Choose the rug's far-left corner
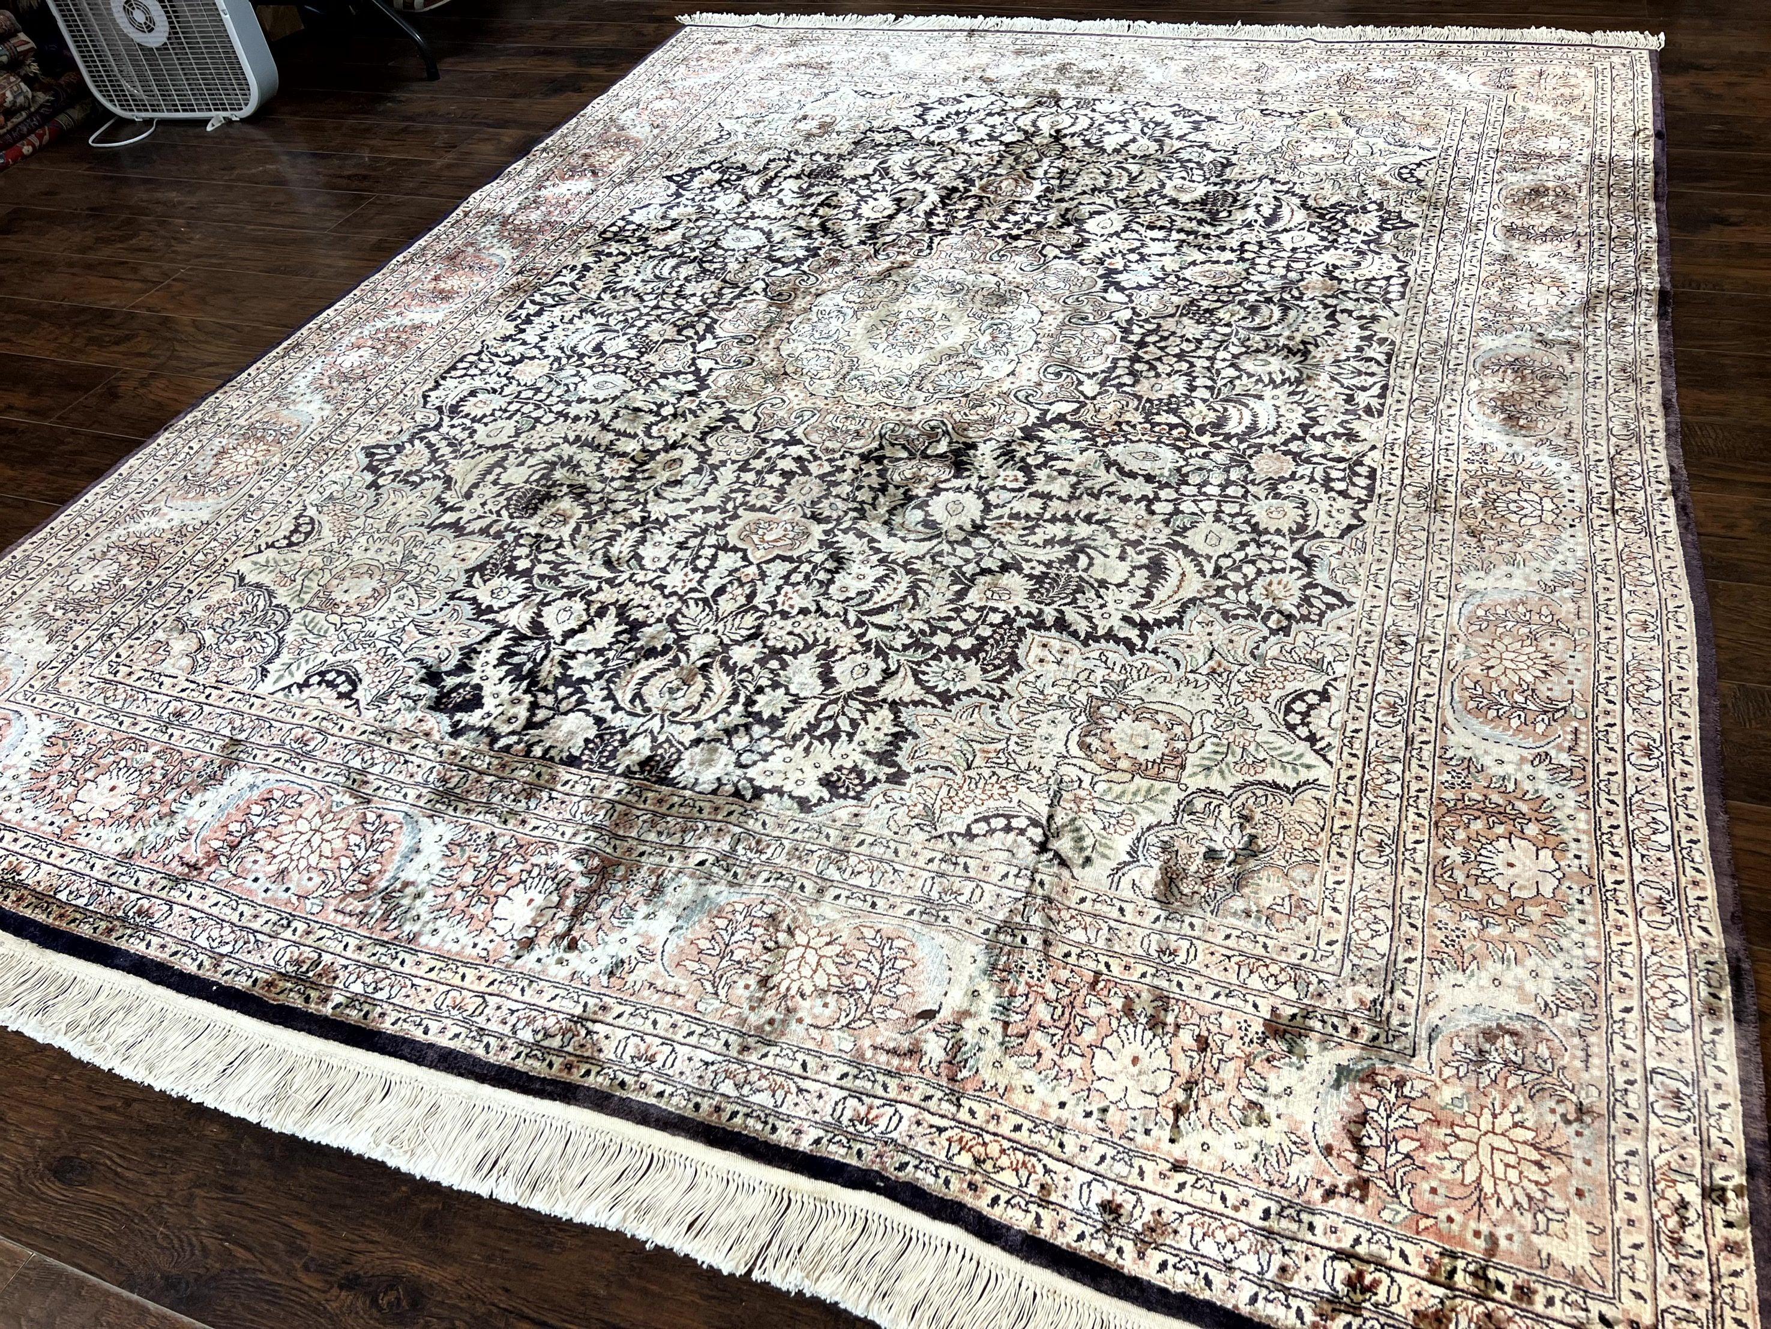pos(681,20)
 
